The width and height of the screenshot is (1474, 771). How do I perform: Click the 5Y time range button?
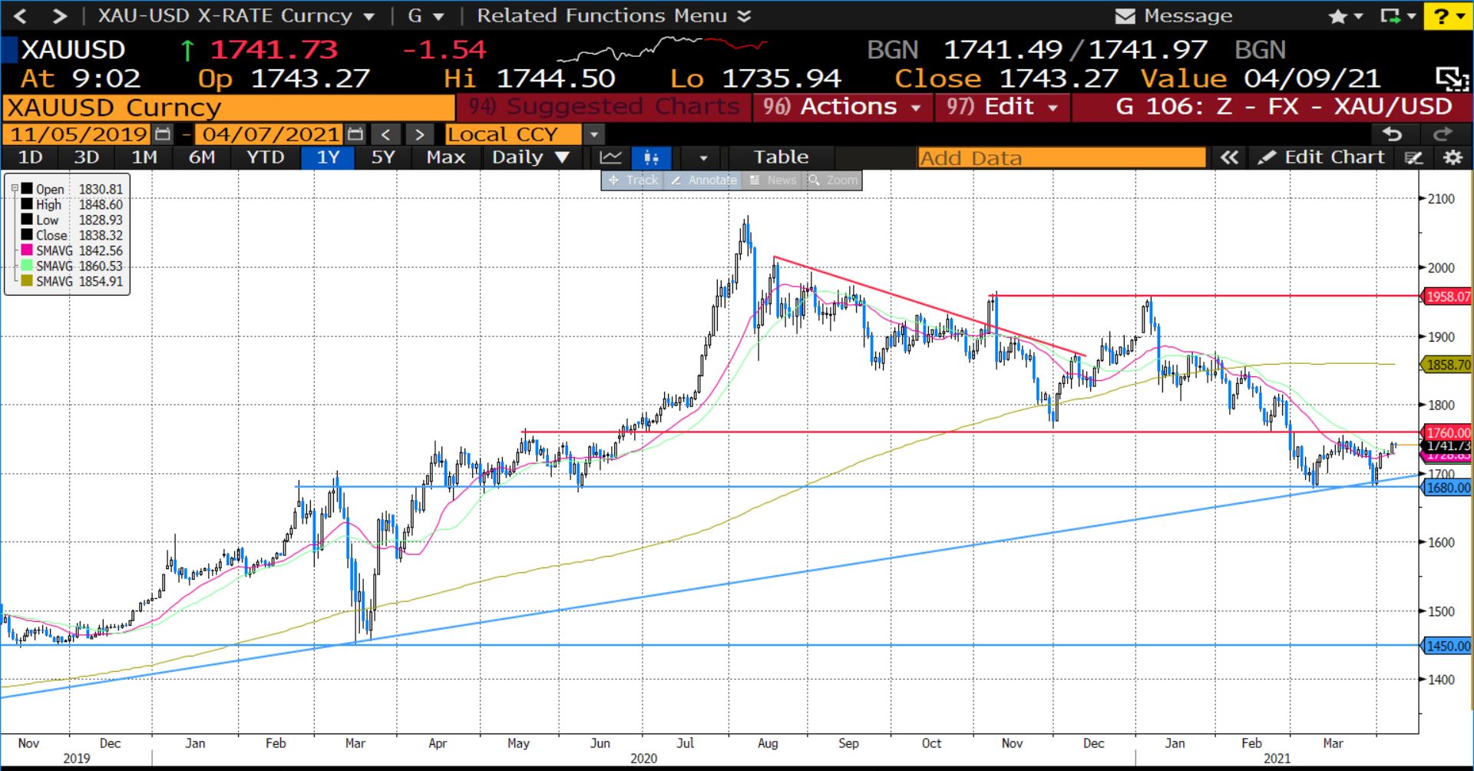(x=382, y=157)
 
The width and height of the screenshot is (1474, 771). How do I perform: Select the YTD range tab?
(x=265, y=157)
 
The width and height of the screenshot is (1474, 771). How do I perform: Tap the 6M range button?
(x=202, y=157)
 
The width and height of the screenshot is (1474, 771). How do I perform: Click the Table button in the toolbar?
(x=781, y=157)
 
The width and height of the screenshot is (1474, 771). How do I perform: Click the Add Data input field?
(x=1061, y=158)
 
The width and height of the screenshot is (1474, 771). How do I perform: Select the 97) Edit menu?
(x=1002, y=107)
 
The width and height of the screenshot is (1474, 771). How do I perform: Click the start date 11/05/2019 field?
(x=79, y=134)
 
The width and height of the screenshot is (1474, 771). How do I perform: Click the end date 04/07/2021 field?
(x=271, y=134)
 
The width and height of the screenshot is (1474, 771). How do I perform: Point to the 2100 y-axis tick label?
(x=1440, y=199)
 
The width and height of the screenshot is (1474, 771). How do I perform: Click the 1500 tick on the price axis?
(x=1440, y=611)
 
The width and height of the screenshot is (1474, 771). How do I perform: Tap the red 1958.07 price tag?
(x=1447, y=296)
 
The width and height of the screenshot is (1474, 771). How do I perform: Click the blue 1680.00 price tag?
(x=1447, y=488)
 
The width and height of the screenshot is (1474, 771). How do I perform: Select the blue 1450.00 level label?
(x=1447, y=646)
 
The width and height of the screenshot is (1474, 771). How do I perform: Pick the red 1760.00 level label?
(x=1447, y=433)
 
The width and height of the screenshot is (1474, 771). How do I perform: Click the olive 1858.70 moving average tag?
(x=1447, y=365)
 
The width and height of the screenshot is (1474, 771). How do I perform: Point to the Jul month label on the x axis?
(x=685, y=743)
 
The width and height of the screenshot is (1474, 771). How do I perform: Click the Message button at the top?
(x=1174, y=15)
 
